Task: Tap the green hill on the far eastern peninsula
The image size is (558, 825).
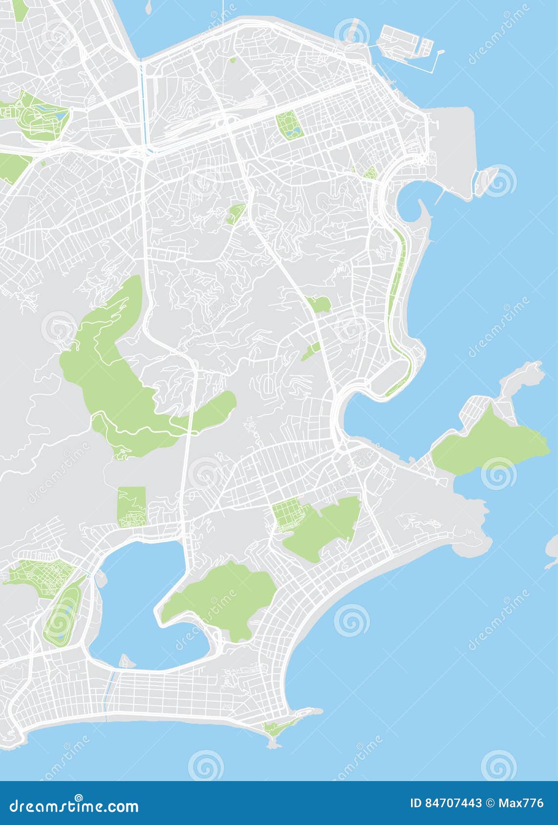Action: [488, 444]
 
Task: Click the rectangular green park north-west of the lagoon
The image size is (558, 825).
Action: [131, 506]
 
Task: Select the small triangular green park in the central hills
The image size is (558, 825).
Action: [236, 213]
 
